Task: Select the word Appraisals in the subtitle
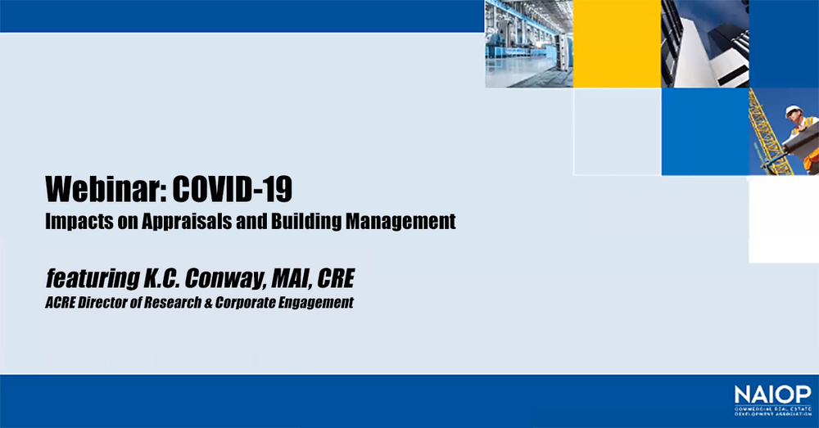[187, 222]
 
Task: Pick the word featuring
[93, 278]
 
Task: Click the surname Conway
[224, 278]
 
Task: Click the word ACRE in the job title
[60, 303]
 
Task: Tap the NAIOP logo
[773, 400]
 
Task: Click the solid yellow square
[617, 43]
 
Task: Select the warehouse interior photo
[529, 43]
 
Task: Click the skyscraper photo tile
[704, 43]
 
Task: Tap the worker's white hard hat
[794, 110]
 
